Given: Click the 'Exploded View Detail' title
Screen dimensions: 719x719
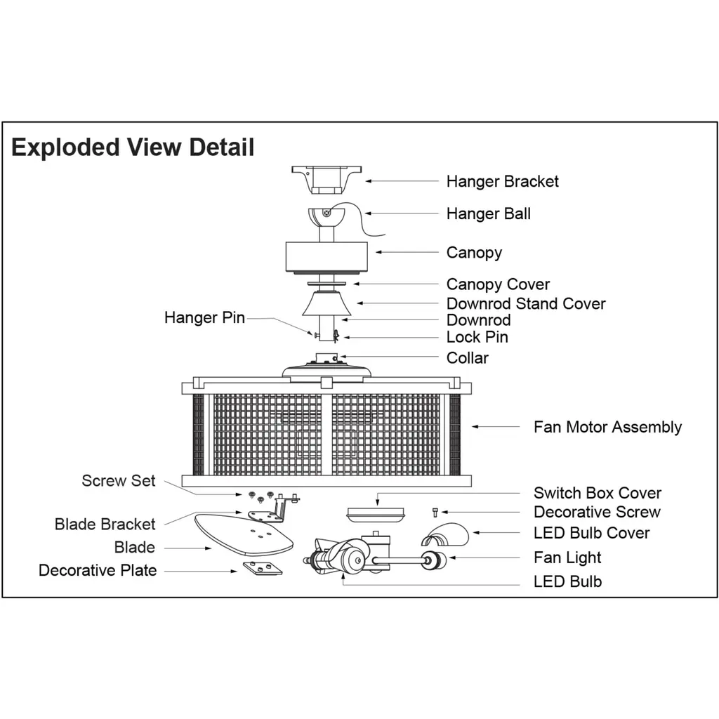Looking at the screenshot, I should pos(133,147).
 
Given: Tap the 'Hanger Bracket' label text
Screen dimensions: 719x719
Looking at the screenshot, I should pos(502,181).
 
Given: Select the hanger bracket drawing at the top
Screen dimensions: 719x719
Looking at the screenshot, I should pos(326,179).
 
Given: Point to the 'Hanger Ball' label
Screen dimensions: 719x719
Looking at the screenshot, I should pos(488,213).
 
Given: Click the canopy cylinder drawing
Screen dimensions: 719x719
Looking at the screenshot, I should pos(326,256).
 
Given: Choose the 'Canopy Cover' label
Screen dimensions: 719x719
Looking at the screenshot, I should pos(498,284).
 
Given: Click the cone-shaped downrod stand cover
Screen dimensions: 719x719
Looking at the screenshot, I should pos(326,303).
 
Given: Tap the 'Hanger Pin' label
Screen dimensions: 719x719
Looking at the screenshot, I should pos(204,317).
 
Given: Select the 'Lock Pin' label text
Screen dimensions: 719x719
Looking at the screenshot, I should pos(477,337).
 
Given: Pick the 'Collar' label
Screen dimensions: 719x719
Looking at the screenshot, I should pos(467,357).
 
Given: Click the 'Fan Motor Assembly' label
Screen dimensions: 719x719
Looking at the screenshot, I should pos(607,427).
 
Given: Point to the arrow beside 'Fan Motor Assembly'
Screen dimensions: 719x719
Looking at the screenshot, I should pos(495,426).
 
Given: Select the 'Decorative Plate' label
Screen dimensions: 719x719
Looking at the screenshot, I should pos(98,570).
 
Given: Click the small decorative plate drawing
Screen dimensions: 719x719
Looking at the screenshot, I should pos(263,568).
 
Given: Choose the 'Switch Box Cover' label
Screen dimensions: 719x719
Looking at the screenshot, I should pos(597,493).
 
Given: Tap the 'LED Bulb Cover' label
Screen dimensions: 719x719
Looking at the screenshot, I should pos(591,533).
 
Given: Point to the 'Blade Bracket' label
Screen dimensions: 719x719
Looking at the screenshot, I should pos(105,524).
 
